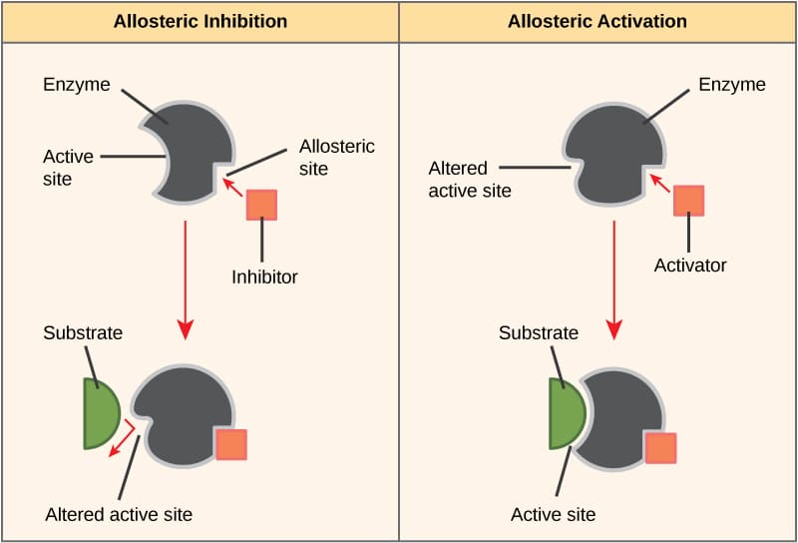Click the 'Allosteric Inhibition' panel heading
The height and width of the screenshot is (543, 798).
click(x=199, y=21)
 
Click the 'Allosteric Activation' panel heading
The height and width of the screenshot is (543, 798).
click(x=597, y=21)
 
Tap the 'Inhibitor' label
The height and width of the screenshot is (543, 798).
click(x=264, y=276)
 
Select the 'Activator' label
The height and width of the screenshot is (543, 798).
click(x=690, y=266)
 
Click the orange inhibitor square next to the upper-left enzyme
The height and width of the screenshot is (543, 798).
click(x=261, y=204)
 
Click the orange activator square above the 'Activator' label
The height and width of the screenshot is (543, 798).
click(x=688, y=200)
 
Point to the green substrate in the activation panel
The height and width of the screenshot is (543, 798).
click(x=566, y=413)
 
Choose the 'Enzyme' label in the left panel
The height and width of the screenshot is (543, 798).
click(x=76, y=84)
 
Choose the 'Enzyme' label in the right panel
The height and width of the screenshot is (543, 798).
click(x=732, y=84)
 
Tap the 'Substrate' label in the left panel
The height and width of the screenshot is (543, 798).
click(x=83, y=332)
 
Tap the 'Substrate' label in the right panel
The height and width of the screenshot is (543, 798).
click(x=539, y=332)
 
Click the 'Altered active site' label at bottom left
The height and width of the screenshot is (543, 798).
click(x=119, y=515)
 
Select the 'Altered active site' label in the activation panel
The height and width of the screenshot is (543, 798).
click(x=470, y=180)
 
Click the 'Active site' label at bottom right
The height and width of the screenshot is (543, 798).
click(x=553, y=515)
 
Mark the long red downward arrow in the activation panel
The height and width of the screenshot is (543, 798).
click(x=614, y=280)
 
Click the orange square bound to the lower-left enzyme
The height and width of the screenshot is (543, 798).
click(x=231, y=444)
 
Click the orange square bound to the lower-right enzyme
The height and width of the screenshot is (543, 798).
click(x=660, y=447)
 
